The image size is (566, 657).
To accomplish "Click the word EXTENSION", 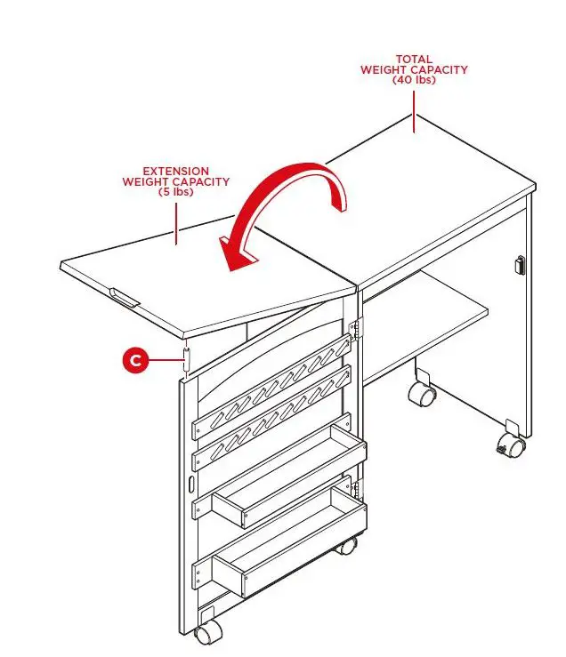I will pyautogui.click(x=175, y=171).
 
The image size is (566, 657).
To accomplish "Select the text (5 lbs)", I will pyautogui.click(x=175, y=191).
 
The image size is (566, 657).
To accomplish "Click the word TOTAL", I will pyautogui.click(x=414, y=60).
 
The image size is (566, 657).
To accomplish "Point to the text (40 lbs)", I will pyautogui.click(x=414, y=80).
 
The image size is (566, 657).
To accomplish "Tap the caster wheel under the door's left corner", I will pyautogui.click(x=209, y=632).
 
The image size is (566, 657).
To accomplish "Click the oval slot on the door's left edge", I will pyautogui.click(x=190, y=485).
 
